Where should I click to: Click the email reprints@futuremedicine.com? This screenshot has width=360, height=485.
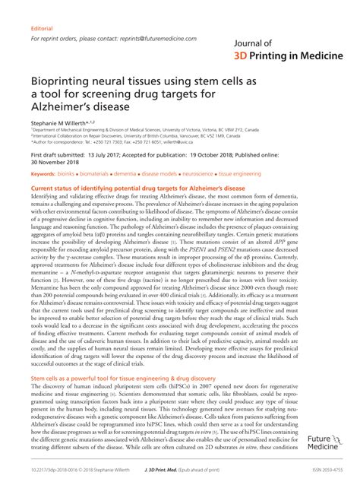coord(161,37)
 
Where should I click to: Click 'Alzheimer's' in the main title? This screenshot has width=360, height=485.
coord(62,107)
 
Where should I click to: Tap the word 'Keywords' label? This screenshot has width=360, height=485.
coord(44,174)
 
